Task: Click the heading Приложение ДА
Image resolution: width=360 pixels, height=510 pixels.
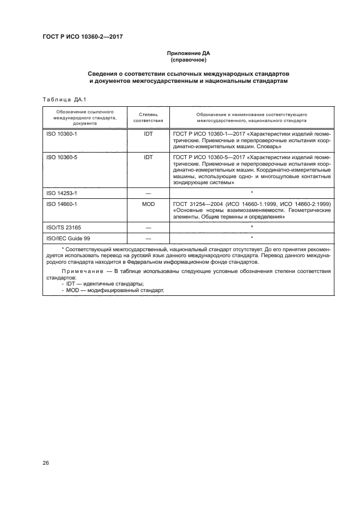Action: (x=188, y=53)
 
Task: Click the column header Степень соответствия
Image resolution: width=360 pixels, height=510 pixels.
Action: (x=148, y=118)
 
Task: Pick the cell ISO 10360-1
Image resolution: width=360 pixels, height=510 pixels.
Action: (x=61, y=133)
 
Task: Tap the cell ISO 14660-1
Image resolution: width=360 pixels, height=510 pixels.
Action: (x=61, y=203)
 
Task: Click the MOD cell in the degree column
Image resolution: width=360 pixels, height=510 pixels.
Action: (x=148, y=203)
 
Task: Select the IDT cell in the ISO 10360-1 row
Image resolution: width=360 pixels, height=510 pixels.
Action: (x=148, y=133)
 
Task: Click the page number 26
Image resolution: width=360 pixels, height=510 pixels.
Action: (x=46, y=463)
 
